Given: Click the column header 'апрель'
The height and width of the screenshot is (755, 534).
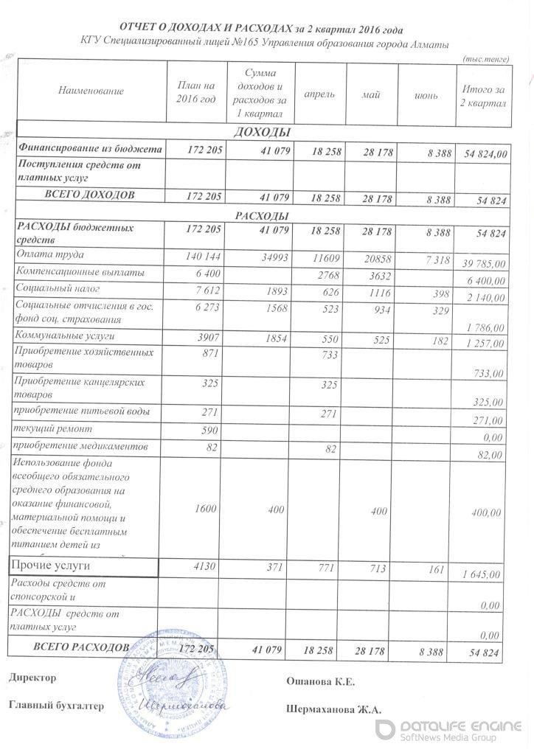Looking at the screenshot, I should pyautogui.click(x=320, y=94).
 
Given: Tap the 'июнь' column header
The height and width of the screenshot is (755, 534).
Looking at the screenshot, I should pyautogui.click(x=426, y=95).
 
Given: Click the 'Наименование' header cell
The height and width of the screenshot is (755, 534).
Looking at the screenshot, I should pyautogui.click(x=91, y=91).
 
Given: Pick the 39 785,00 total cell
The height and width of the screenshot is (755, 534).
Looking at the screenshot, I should pyautogui.click(x=483, y=263).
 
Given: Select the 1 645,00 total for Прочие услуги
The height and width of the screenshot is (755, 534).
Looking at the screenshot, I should pyautogui.click(x=483, y=574).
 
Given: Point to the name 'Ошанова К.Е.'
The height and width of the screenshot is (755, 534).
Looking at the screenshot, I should pyautogui.click(x=320, y=682).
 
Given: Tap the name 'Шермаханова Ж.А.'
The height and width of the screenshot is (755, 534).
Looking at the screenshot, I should pyautogui.click(x=333, y=709).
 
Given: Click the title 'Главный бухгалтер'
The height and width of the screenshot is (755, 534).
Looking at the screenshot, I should pyautogui.click(x=57, y=706).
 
